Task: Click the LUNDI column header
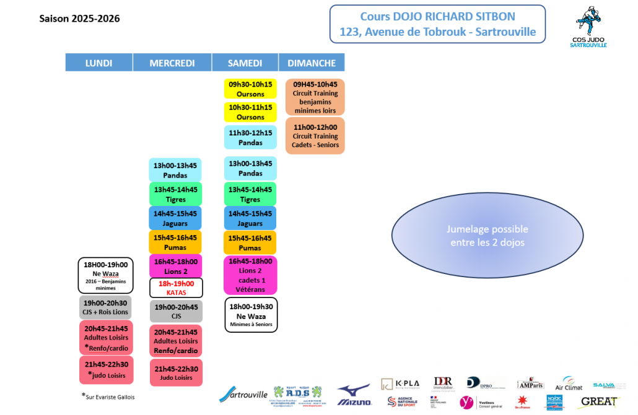pos(98,62)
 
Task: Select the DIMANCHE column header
pos(312,62)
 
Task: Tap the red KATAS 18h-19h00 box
pos(176,288)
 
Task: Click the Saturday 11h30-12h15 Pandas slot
pos(250,137)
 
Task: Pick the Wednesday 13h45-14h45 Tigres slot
pos(175,194)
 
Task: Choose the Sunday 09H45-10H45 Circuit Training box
pos(315,97)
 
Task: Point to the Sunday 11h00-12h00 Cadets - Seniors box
pos(315,136)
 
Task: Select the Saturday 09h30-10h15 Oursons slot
pos(250,89)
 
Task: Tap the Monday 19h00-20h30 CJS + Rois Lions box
pos(105,307)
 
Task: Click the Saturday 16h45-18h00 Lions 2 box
pos(250,275)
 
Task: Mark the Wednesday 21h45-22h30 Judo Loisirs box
pos(175,373)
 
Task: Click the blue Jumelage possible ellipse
pos(487,236)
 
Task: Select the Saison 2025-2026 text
pos(79,19)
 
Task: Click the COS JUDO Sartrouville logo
pos(591,27)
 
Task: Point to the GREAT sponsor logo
pos(599,402)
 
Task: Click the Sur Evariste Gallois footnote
pos(108,396)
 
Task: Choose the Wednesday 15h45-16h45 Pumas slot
pos(175,242)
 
